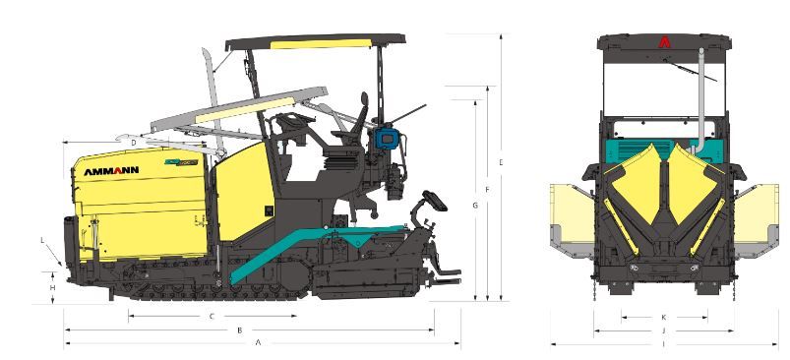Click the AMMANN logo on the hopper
coord(111,171)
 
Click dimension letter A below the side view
coord(258,343)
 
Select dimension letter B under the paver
coord(240,330)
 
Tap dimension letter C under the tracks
coord(213,316)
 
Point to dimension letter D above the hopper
coord(134,143)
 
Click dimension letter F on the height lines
coord(487,190)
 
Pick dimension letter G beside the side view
coord(475,206)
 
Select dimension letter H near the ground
coord(52,287)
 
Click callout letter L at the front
coord(43,240)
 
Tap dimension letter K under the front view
coord(663,317)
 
